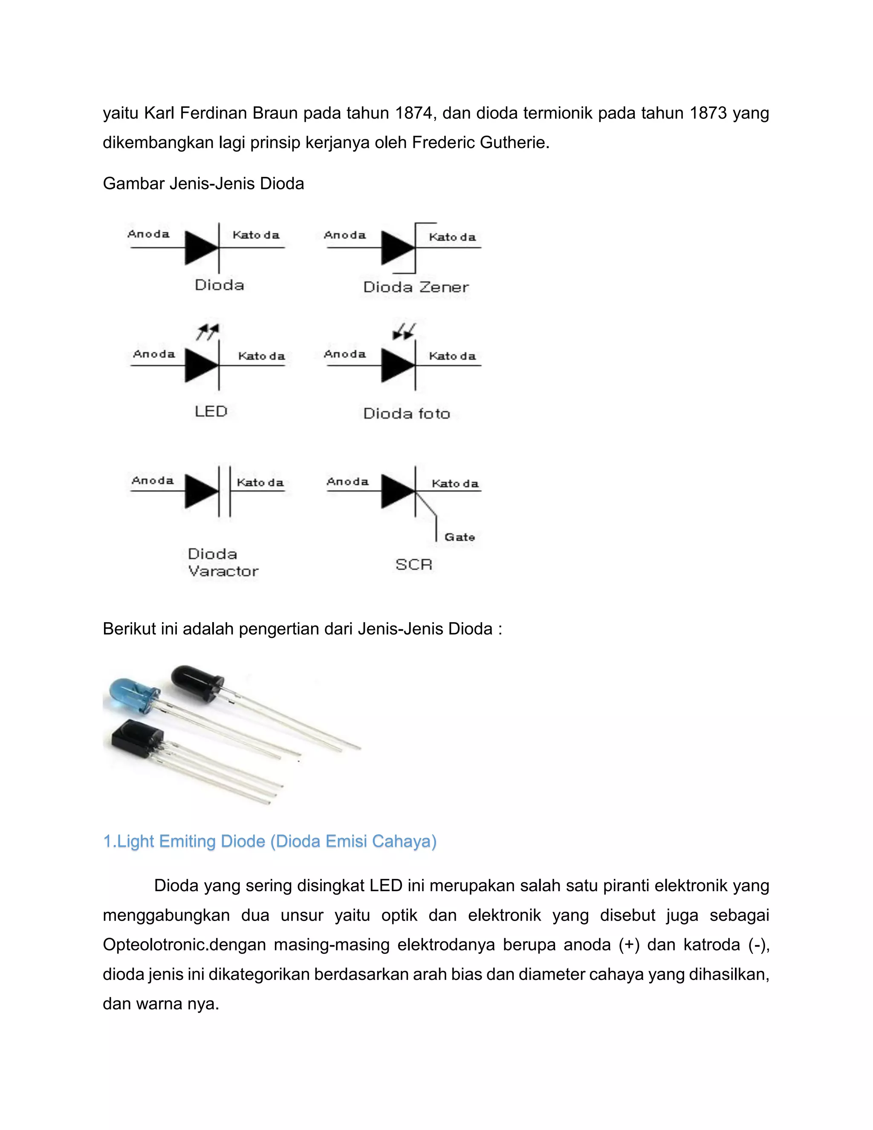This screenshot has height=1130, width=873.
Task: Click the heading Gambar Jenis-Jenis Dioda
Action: pyautogui.click(x=203, y=184)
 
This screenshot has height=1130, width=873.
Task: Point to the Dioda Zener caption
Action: pyautogui.click(x=416, y=287)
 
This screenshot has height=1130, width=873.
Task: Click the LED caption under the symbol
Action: pyautogui.click(x=211, y=411)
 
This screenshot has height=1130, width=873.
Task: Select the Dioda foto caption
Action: pyautogui.click(x=407, y=413)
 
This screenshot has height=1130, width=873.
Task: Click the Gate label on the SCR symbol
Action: pyautogui.click(x=459, y=537)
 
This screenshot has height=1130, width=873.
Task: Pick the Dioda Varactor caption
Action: pyautogui.click(x=223, y=562)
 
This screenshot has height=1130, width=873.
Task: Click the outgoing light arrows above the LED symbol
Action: pyautogui.click(x=208, y=332)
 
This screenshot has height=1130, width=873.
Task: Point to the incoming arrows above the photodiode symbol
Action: pyautogui.click(x=405, y=331)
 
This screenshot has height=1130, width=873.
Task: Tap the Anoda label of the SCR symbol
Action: pyautogui.click(x=347, y=482)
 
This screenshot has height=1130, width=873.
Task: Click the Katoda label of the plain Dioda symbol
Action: pyautogui.click(x=255, y=235)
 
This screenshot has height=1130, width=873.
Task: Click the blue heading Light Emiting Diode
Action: pyautogui.click(x=269, y=841)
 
